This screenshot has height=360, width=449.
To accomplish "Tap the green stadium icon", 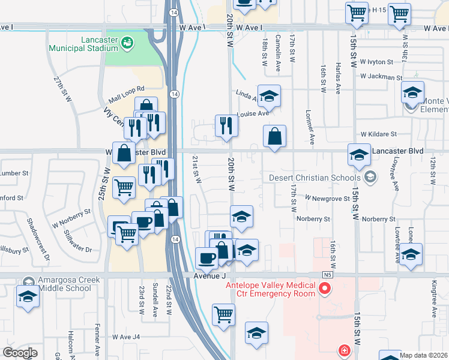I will point(127,42).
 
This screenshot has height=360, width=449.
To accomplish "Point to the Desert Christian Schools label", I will point(315,177).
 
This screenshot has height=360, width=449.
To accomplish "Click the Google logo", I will point(20,353).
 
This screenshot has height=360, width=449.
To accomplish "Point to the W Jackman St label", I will point(381,77).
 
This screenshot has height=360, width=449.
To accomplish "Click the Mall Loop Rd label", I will point(123,94).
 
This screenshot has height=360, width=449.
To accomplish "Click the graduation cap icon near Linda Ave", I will point(270,96).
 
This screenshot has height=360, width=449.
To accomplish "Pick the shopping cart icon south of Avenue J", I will point(223,314).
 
